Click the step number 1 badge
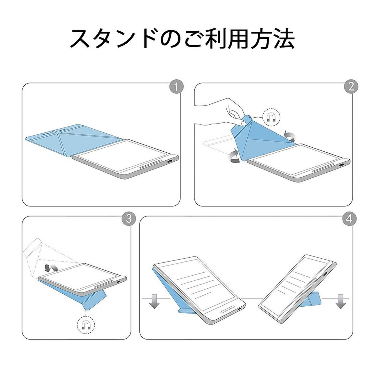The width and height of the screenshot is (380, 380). [176, 87]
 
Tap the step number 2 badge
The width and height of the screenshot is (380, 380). [351, 87]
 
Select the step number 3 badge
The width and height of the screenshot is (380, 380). [129, 219]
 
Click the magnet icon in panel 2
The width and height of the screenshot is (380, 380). [271, 118]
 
